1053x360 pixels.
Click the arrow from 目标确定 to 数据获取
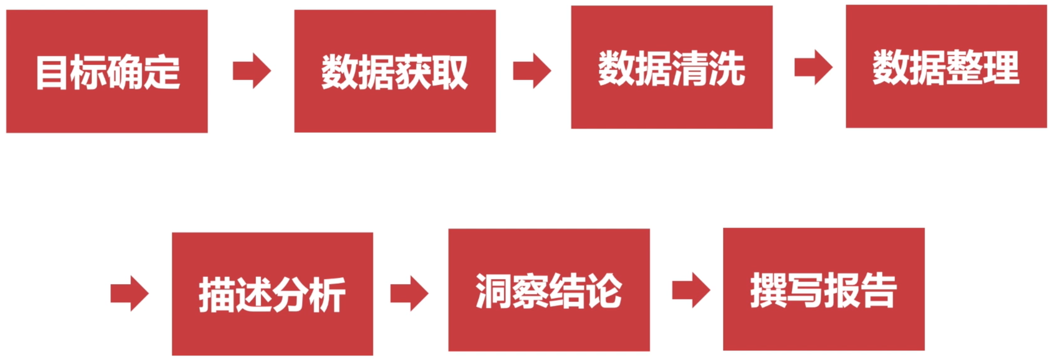click(252, 71)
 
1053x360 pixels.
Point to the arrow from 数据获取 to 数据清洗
click(532, 71)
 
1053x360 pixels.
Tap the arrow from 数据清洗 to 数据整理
click(814, 67)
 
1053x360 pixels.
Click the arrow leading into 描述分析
click(129, 293)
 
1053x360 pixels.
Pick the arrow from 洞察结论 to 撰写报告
click(691, 290)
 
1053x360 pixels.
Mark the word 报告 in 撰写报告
click(860, 290)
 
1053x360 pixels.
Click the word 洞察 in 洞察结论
click(512, 291)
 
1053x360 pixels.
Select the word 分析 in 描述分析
click(309, 295)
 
